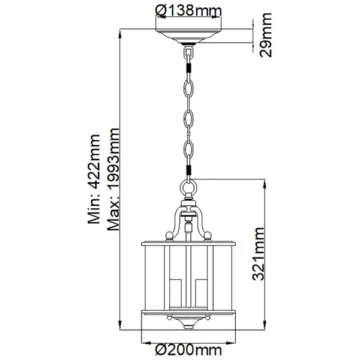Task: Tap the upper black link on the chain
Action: click(189, 67)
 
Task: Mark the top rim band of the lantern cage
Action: click(189, 242)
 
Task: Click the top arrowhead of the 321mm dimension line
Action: click(265, 182)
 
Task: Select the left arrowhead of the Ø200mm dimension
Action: click(145, 340)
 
